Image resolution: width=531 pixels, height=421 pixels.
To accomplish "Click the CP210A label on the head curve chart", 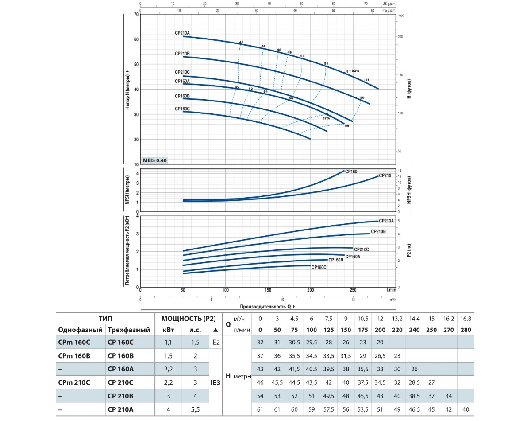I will pyautogui.click(x=182, y=33).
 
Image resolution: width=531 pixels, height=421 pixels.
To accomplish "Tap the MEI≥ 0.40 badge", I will pyautogui.click(x=155, y=160).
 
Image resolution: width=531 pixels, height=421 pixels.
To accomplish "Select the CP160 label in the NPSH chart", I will pyautogui.click(x=351, y=171).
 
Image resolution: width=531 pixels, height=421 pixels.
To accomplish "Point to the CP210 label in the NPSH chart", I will pyautogui.click(x=385, y=175).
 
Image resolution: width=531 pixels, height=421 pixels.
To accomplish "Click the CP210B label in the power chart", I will pyautogui.click(x=378, y=231).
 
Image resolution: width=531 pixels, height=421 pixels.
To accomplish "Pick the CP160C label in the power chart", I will pyautogui.click(x=319, y=267).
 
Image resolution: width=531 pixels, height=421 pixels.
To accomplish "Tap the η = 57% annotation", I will pyautogui.click(x=323, y=118).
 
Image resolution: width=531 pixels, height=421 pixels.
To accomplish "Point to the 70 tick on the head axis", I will pyautogui.click(x=136, y=15).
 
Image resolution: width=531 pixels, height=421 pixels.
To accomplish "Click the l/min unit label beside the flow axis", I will pyautogui.click(x=390, y=290).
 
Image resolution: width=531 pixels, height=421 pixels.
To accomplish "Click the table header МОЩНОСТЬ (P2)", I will pyautogui.click(x=189, y=319).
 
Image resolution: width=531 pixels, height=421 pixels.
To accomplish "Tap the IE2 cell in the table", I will pyautogui.click(x=215, y=342).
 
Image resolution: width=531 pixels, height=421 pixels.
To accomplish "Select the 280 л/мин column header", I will pyautogui.click(x=466, y=330).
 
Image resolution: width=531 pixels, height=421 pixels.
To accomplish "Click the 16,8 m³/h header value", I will pyautogui.click(x=466, y=319).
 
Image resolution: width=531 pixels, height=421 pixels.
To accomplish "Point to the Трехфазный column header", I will pyautogui.click(x=129, y=330).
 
